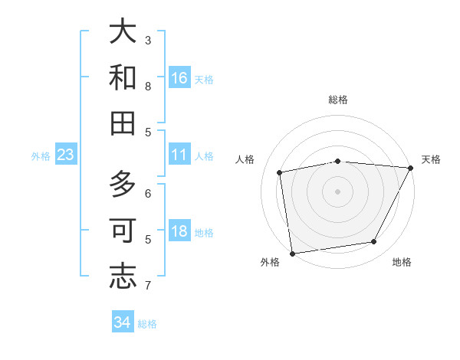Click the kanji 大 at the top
coord(123,31)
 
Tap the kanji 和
coord(123,77)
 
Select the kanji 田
coord(123,123)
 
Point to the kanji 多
coord(123,185)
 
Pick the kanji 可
coord(123,231)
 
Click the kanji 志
coord(123,276)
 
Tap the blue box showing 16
coord(179,78)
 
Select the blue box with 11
coord(179,155)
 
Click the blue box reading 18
coord(179,232)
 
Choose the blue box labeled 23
coord(66,155)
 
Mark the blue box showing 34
coord(123,323)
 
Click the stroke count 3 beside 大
coord(148,40)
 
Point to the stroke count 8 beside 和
coord(148,86)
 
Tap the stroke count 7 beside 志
coord(148,286)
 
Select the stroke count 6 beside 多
coord(148,193)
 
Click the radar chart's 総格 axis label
coord(337,100)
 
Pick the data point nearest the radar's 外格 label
coord(292,253)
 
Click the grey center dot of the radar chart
coord(337,191)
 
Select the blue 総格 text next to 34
coord(147,324)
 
